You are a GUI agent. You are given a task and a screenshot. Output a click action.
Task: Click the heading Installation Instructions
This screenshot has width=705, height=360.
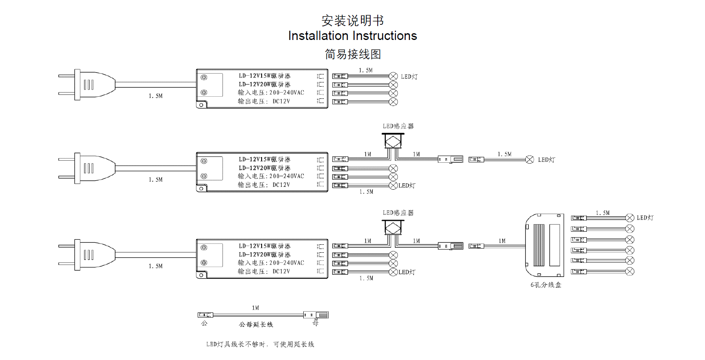click(352, 36)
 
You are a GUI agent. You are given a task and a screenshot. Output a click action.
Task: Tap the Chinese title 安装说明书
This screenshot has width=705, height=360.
click(352, 20)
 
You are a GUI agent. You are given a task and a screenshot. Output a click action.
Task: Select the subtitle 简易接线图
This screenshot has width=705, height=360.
click(352, 54)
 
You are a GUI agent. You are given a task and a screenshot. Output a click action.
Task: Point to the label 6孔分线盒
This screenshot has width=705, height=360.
click(546, 285)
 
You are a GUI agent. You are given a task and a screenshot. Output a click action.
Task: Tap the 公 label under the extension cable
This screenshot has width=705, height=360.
click(204, 323)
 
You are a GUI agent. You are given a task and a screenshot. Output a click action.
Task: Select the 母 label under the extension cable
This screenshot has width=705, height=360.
click(315, 323)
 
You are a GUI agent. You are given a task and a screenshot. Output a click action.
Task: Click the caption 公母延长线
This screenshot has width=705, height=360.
click(256, 325)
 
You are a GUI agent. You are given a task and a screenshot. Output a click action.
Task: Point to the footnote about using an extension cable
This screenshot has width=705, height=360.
click(260, 344)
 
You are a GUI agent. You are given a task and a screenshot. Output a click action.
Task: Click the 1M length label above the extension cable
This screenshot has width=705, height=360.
click(255, 308)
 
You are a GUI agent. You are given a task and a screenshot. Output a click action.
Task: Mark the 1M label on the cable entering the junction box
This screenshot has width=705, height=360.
click(502, 241)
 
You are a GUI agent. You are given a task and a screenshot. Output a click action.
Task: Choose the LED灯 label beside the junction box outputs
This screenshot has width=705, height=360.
click(645, 218)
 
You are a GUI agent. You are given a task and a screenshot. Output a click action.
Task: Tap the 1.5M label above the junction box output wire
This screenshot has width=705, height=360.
click(602, 213)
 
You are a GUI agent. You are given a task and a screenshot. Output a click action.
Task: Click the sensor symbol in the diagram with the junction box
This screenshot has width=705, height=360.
click(393, 228)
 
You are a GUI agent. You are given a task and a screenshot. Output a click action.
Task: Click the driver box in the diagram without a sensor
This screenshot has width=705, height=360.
click(262, 88)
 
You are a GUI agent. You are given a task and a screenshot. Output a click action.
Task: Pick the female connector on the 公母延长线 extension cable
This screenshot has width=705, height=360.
click(316, 315)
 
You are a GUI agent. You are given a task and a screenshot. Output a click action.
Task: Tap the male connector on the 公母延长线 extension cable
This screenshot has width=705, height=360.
click(205, 315)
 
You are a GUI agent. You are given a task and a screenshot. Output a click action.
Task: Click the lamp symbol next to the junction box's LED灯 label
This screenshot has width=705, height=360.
click(630, 218)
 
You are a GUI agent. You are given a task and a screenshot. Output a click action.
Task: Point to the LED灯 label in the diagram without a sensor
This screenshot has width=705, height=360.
click(409, 77)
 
